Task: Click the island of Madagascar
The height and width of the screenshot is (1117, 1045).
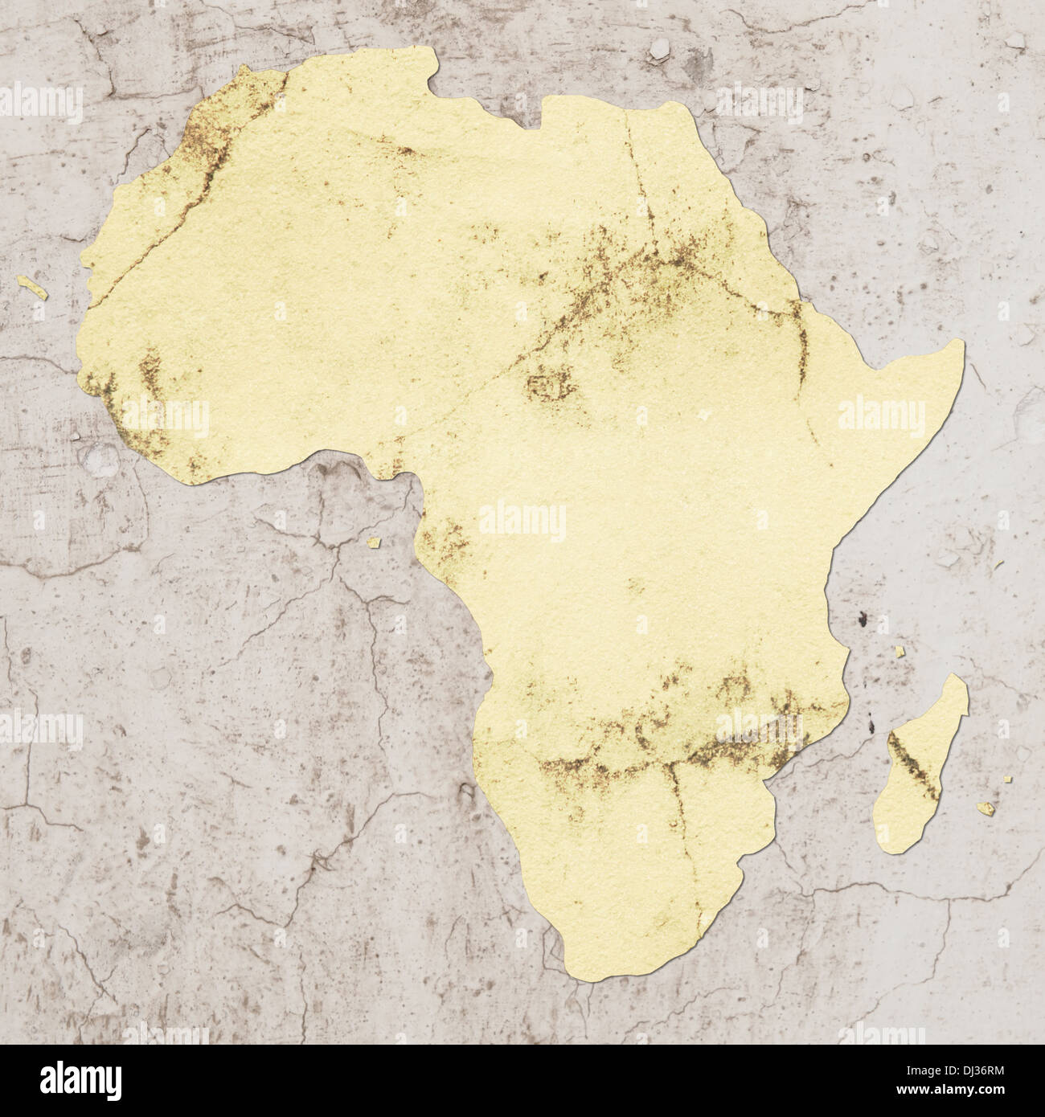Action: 920,771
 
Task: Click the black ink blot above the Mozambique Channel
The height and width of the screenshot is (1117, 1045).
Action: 861,619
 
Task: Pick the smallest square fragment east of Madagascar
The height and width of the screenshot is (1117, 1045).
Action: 1006,779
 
